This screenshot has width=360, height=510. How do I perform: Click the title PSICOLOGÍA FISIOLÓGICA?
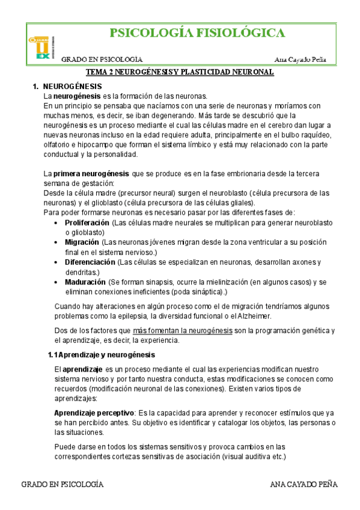pyautogui.click(x=195, y=33)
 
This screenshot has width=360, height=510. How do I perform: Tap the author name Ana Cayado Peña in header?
pyautogui.click(x=305, y=59)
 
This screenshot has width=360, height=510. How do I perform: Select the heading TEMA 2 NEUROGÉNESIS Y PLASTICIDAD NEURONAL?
pyautogui.click(x=180, y=72)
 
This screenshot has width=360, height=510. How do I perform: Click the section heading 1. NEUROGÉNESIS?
pyautogui.click(x=72, y=87)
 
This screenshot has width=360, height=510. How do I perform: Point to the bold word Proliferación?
pyautogui.click(x=88, y=223)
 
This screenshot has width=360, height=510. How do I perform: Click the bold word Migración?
pyautogui.click(x=82, y=242)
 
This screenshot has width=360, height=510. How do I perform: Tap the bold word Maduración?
pyautogui.click(x=85, y=282)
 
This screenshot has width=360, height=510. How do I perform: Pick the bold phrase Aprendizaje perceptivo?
pyautogui.click(x=94, y=413)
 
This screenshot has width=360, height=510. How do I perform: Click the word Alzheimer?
pyautogui.click(x=252, y=316)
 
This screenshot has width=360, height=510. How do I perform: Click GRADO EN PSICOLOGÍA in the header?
pyautogui.click(x=102, y=59)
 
